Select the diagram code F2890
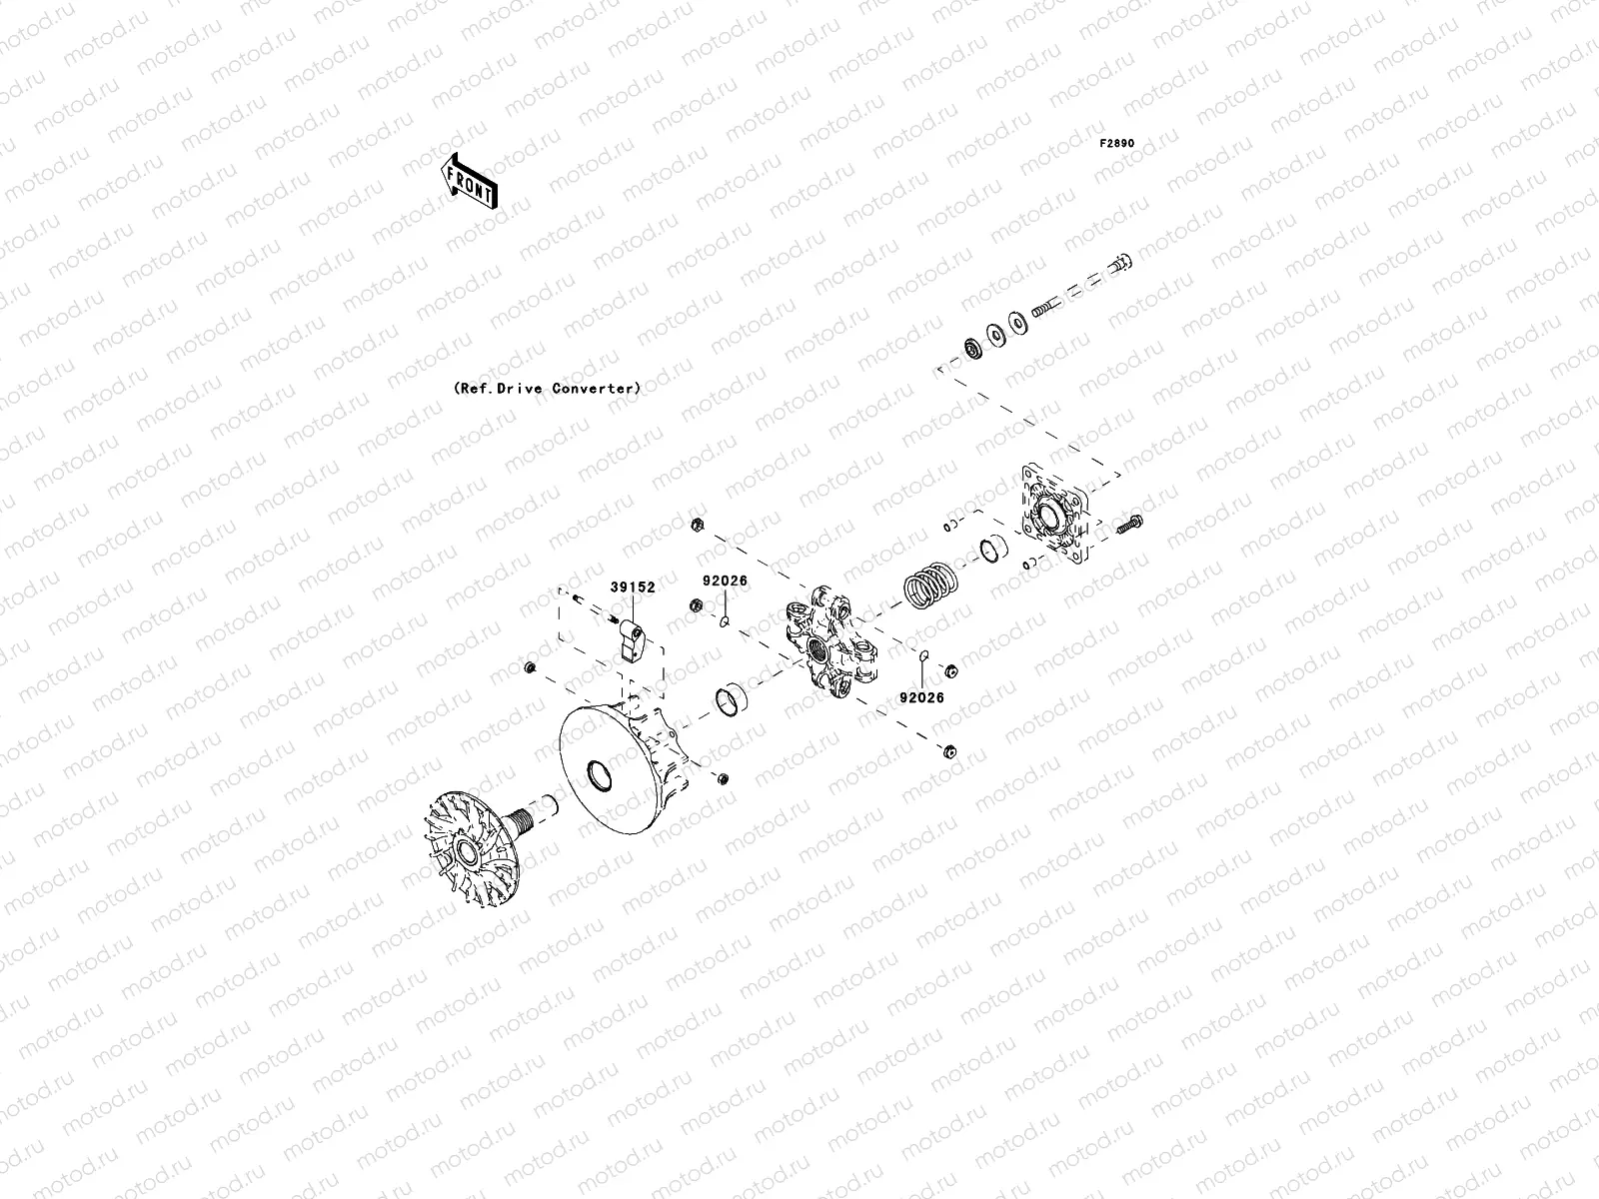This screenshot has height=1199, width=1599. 1117,144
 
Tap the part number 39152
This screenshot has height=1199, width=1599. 634,588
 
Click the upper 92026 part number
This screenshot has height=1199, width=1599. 725,581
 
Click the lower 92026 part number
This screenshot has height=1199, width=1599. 920,697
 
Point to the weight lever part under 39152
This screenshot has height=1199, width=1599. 632,637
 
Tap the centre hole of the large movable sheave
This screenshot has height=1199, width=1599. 604,771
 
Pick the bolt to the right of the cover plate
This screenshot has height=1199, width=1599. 1130,523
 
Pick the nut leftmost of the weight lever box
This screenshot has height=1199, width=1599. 530,666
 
